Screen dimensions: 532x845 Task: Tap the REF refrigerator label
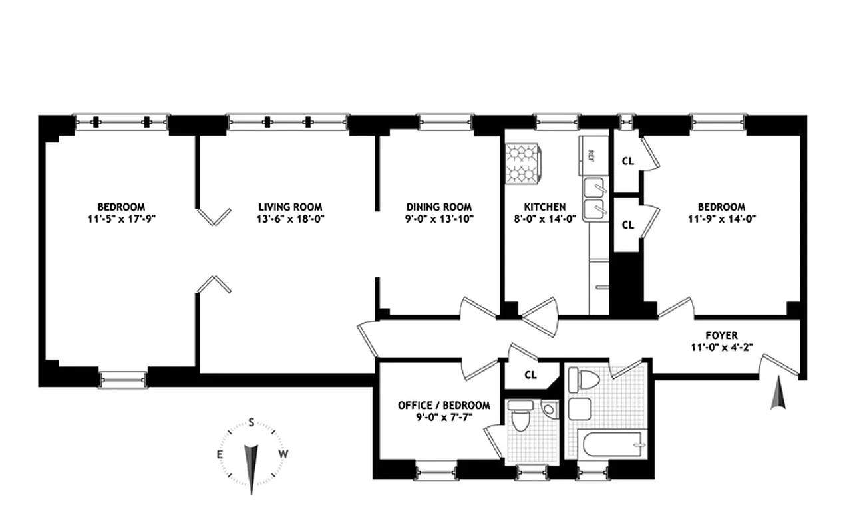tap(590, 155)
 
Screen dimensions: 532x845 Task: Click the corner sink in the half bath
tap(549, 409)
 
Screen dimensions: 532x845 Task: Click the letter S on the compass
tap(252, 422)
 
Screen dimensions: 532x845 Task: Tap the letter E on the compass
tap(219, 454)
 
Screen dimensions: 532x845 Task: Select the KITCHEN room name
tap(544, 207)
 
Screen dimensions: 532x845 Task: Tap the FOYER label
tap(721, 336)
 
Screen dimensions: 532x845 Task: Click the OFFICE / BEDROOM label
tap(444, 405)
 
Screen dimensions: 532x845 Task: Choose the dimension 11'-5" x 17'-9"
tap(120, 219)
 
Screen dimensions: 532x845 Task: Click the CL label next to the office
tap(530, 374)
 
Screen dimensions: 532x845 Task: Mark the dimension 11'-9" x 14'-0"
tap(721, 219)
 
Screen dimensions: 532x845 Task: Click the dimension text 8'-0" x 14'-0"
tap(544, 219)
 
